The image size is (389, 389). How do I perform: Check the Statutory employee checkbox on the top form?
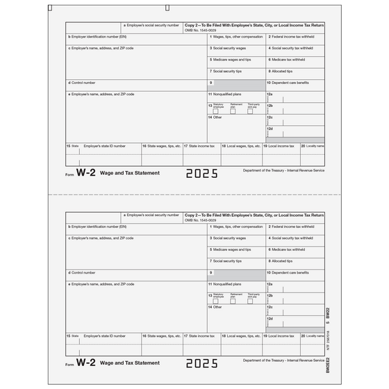coord(215,111)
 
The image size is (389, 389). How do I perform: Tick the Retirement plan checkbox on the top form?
coord(233,111)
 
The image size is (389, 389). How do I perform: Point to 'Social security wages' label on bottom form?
coord(229,238)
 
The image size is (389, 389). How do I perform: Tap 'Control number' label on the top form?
coord(83,83)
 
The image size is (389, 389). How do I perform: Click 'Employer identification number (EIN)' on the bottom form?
coord(97,226)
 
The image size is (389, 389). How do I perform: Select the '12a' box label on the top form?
coord(270,94)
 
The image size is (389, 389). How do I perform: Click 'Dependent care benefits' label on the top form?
coord(290,83)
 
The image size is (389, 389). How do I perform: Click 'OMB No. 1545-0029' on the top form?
coord(201,28)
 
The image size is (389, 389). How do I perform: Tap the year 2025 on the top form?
coord(201,174)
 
